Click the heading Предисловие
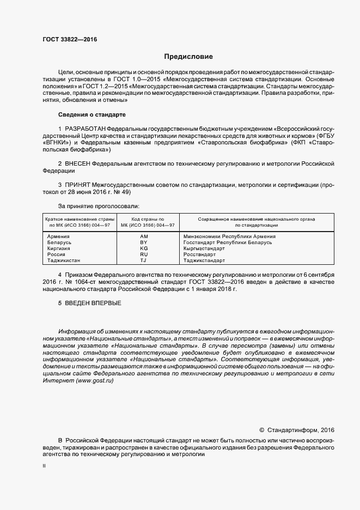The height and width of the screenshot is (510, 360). point(188,57)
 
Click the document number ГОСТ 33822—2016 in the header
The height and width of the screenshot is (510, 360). point(66,40)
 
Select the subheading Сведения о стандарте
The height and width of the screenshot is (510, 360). point(91,115)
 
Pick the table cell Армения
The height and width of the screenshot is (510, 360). point(58,236)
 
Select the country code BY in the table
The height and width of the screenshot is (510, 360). point(144,242)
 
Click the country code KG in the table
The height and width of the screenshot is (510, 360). point(144,248)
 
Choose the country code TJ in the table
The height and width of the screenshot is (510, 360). point(144,260)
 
